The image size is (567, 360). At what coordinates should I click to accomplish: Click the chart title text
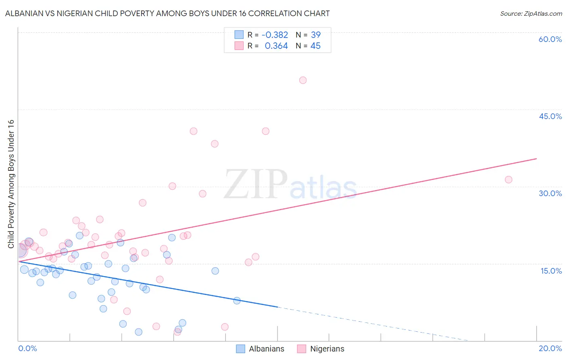(x=167, y=13)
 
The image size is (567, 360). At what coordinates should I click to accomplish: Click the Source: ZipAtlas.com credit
(x=531, y=13)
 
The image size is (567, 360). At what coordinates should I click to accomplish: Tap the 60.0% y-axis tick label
(x=550, y=39)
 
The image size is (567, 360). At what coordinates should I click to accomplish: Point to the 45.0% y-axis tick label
(x=550, y=116)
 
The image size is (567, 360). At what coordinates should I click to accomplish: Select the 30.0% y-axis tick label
(x=550, y=193)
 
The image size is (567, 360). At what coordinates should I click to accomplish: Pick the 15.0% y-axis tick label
(x=551, y=271)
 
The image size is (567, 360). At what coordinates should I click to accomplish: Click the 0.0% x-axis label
(x=27, y=348)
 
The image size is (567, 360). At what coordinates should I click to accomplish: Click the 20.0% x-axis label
(x=550, y=348)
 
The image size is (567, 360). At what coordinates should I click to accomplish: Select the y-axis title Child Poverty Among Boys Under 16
(x=11, y=184)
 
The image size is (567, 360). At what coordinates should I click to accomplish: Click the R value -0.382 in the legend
(x=275, y=35)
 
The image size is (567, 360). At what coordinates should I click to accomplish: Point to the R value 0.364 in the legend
(x=276, y=46)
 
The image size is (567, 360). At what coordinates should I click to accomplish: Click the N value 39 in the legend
(x=315, y=35)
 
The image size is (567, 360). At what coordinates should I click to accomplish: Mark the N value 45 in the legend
(x=315, y=46)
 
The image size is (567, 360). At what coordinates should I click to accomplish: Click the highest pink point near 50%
(x=303, y=80)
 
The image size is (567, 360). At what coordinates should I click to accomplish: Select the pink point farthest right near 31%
(x=509, y=180)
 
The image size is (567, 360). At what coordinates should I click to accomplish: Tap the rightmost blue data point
(x=237, y=301)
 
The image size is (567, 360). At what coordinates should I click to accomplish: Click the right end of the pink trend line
(x=536, y=159)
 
